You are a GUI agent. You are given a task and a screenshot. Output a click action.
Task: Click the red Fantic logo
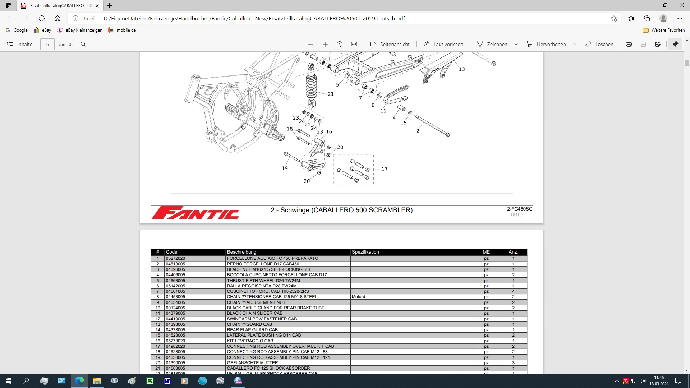click(x=195, y=213)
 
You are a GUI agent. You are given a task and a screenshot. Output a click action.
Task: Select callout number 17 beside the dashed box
click(x=385, y=169)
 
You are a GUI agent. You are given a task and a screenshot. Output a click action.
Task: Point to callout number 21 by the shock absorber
click(x=331, y=94)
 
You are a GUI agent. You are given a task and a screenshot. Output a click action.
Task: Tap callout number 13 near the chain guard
click(x=462, y=69)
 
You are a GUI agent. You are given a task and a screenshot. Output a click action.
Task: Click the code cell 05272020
click(x=175, y=258)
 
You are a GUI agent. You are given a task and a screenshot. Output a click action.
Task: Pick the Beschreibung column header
click(x=241, y=252)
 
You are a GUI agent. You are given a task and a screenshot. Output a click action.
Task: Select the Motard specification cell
click(x=358, y=297)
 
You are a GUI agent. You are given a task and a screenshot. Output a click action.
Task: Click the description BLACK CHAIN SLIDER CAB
click(x=254, y=313)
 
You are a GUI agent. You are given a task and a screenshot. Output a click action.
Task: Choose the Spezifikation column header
click(x=365, y=252)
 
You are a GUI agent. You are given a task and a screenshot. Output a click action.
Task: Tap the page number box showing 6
click(x=47, y=44)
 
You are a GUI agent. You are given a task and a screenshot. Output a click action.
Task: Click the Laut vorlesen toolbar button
click(x=443, y=44)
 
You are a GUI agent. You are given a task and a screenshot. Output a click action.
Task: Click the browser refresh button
click(x=42, y=18)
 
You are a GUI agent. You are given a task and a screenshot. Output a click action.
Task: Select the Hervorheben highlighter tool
click(x=546, y=44)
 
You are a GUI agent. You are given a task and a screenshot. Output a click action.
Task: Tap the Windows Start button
click(x=9, y=381)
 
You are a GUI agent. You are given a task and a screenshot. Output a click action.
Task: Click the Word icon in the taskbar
click(x=167, y=381)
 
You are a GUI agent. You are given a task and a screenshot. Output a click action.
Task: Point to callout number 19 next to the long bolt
click(x=285, y=168)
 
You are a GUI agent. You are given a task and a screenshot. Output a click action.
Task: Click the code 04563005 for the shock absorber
click(x=175, y=368)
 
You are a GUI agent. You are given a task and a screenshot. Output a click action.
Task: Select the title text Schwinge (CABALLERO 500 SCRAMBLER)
click(x=341, y=210)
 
